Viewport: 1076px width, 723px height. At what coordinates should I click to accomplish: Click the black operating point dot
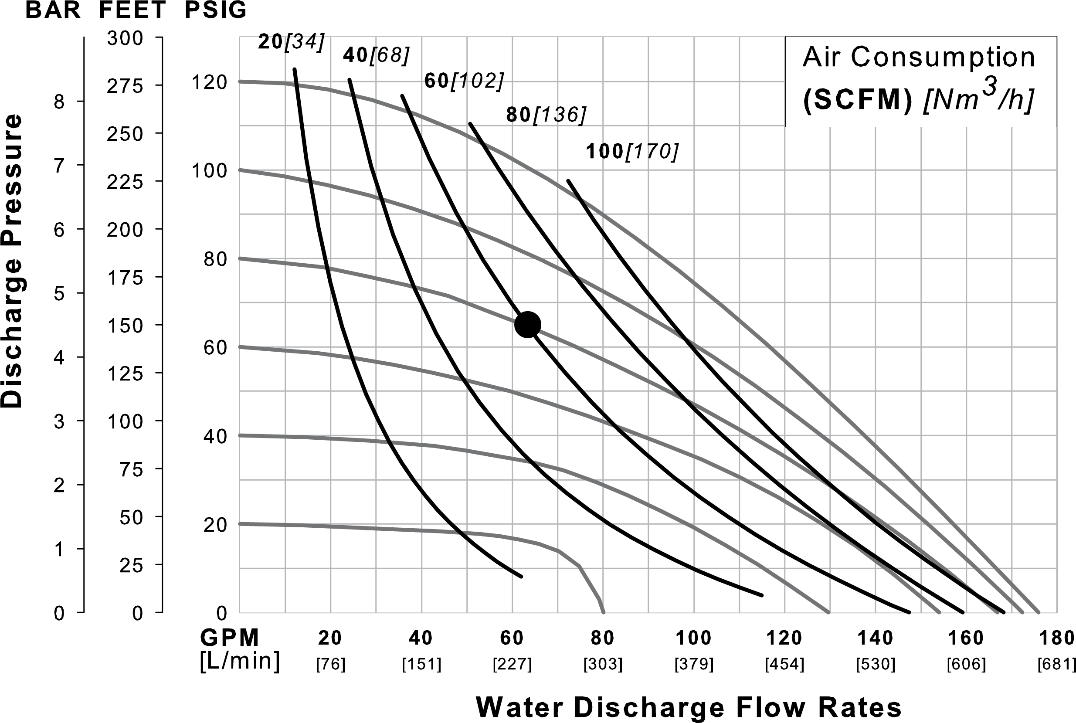527,325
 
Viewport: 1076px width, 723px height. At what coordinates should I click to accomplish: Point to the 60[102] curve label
463,81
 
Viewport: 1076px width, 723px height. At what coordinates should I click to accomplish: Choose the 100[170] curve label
632,152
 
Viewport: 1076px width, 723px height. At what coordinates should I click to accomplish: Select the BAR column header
53,10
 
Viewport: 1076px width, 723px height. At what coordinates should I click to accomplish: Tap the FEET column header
132,10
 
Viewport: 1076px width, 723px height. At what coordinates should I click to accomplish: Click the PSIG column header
216,10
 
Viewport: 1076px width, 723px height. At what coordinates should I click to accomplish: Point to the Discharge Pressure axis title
11,261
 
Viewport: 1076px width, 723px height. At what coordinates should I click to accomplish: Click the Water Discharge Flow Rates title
688,707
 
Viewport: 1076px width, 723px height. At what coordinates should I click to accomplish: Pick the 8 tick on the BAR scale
59,102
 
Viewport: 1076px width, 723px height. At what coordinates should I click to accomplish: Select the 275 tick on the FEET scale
125,86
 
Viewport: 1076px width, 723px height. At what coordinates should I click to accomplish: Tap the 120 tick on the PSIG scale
209,82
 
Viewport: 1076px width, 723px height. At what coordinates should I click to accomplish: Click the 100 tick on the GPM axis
693,638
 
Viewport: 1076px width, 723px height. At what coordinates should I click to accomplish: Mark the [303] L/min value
603,665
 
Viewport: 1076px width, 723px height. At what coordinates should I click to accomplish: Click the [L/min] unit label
239,661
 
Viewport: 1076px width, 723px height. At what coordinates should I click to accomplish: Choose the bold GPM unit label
230,638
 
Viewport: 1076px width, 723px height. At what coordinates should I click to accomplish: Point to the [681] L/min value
1056,665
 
